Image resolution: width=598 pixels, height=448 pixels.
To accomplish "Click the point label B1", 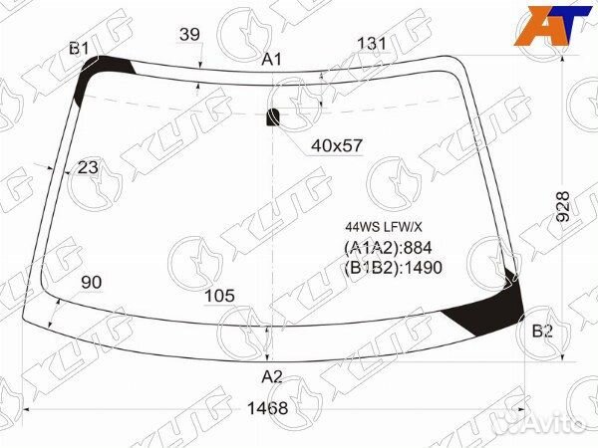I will click(80, 49).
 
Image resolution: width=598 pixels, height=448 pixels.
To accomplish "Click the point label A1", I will click(271, 60).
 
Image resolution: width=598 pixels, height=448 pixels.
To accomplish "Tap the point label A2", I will click(271, 376).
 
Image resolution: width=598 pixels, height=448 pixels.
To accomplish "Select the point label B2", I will click(542, 332).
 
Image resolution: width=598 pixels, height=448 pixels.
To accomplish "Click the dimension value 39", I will click(189, 35).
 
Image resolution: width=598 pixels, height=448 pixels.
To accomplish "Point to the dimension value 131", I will click(372, 43).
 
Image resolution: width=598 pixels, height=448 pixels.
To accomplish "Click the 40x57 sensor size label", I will click(337, 145).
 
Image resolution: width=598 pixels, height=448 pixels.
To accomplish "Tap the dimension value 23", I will click(88, 167).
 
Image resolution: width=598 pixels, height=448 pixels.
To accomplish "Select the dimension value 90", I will click(91, 284).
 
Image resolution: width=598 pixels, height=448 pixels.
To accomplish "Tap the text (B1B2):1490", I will click(393, 267).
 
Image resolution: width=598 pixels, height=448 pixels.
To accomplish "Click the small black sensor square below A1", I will click(273, 117).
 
